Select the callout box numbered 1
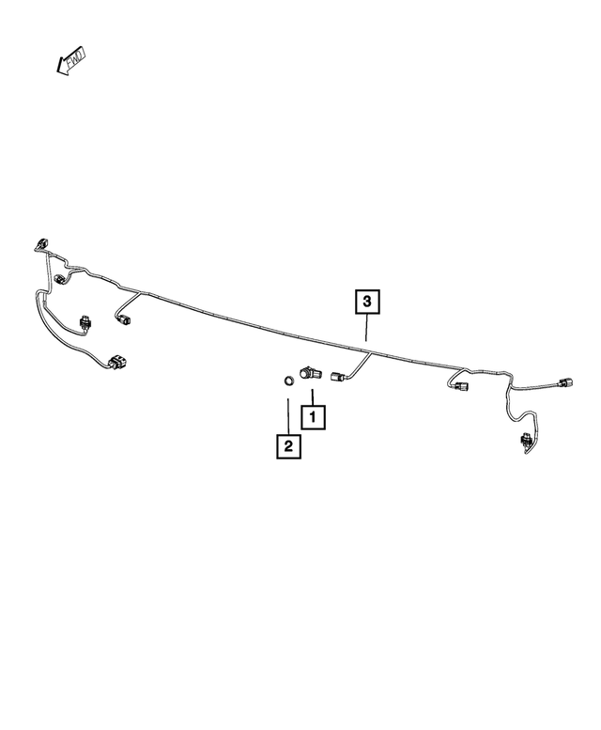coord(313,417)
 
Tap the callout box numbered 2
coord(288,446)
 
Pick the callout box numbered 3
coord(367,302)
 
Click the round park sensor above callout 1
coord(307,372)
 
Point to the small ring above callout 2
coord(289,380)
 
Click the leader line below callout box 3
coord(367,328)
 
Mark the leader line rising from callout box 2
coord(288,416)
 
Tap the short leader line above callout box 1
coord(313,397)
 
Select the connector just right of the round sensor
coord(337,376)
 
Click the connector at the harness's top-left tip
coord(41,244)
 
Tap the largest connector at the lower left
coord(118,363)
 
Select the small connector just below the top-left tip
coord(60,279)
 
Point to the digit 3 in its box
coord(367,302)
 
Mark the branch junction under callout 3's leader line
coord(370,353)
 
